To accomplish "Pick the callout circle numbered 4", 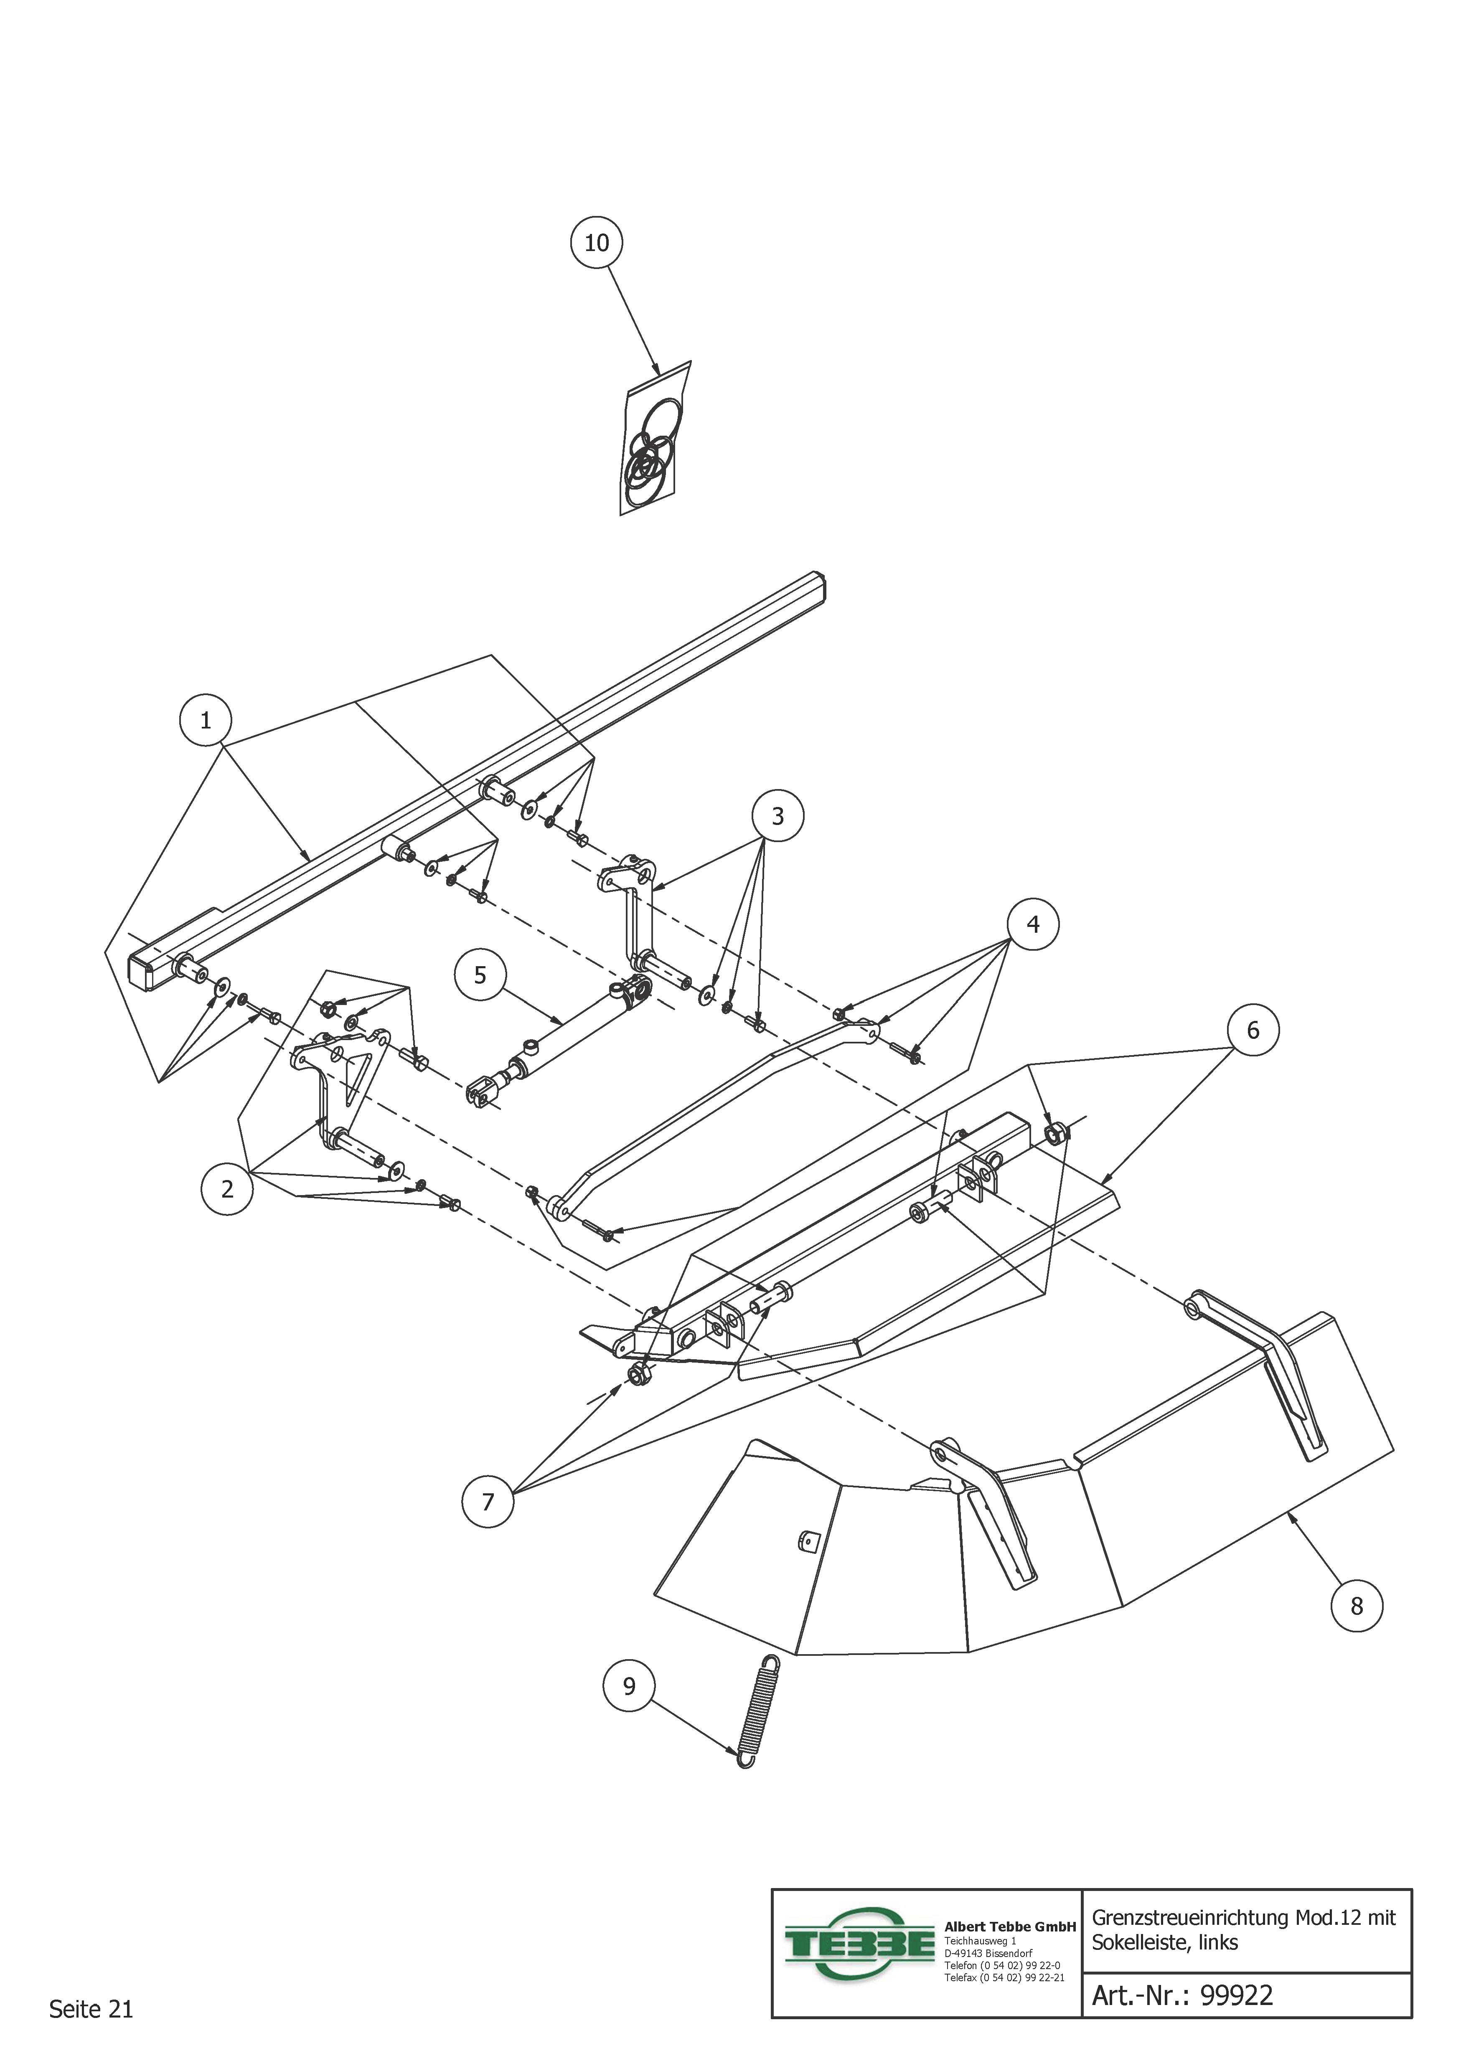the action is pyautogui.click(x=1032, y=924).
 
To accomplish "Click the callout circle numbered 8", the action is pyautogui.click(x=1357, y=1606).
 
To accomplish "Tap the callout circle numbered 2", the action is pyautogui.click(x=227, y=1189).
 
